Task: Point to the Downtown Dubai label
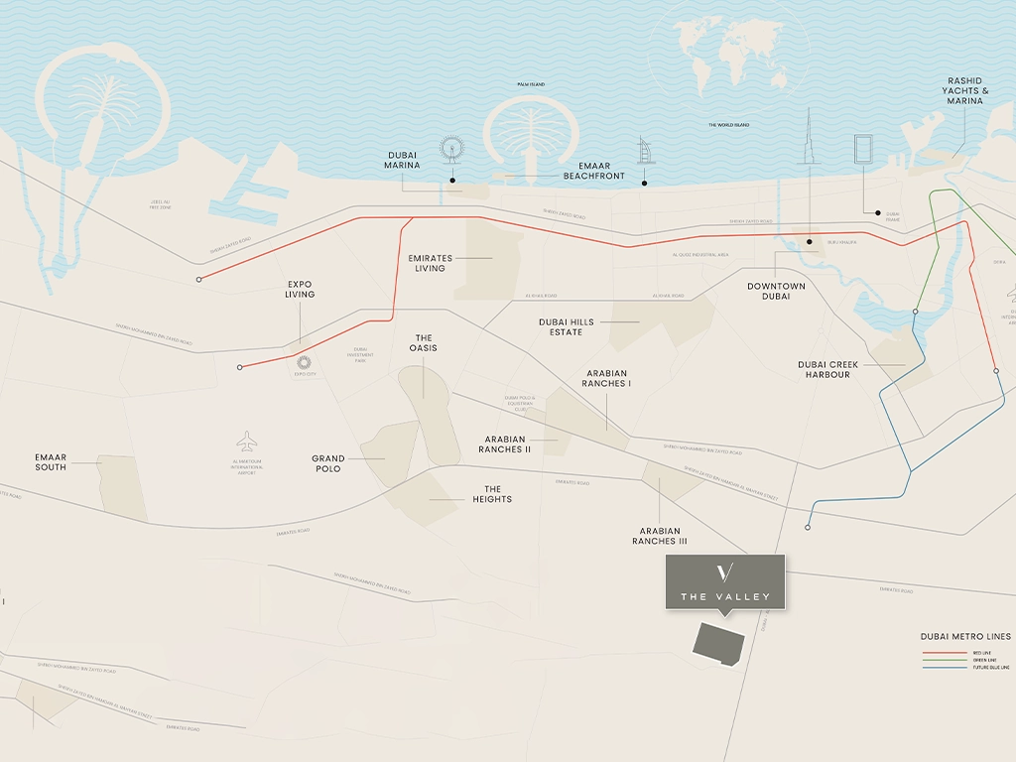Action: (x=776, y=291)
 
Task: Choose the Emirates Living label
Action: (x=430, y=263)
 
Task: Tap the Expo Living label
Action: (x=300, y=289)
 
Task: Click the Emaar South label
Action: (x=51, y=461)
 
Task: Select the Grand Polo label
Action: (x=328, y=463)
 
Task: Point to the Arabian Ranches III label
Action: (x=660, y=536)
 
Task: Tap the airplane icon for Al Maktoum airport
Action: (x=246, y=441)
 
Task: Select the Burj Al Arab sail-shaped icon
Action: (x=643, y=152)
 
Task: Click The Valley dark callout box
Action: (x=725, y=582)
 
